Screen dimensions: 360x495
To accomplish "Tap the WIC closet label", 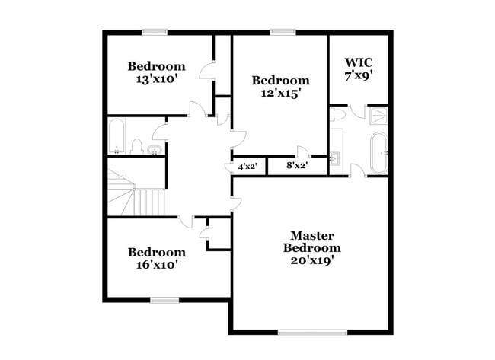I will (359, 62).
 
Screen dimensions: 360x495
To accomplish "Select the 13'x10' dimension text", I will (156, 78).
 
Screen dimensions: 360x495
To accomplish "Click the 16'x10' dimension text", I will (156, 265).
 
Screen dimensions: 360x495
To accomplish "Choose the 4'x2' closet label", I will (247, 166).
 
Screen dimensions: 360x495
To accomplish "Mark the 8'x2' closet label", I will (296, 165).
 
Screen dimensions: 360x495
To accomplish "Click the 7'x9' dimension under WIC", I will (359, 76).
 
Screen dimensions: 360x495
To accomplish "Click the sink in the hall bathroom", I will (155, 149).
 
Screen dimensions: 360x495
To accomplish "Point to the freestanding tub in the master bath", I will (378, 151).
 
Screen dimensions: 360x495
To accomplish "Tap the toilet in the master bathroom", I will (339, 114).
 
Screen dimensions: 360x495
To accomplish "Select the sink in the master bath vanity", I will (336, 159).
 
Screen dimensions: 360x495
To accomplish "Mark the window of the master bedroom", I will (312, 332).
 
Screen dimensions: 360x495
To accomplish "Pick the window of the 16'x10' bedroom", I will (164, 300).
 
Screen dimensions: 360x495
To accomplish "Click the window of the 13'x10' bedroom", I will (155, 32).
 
